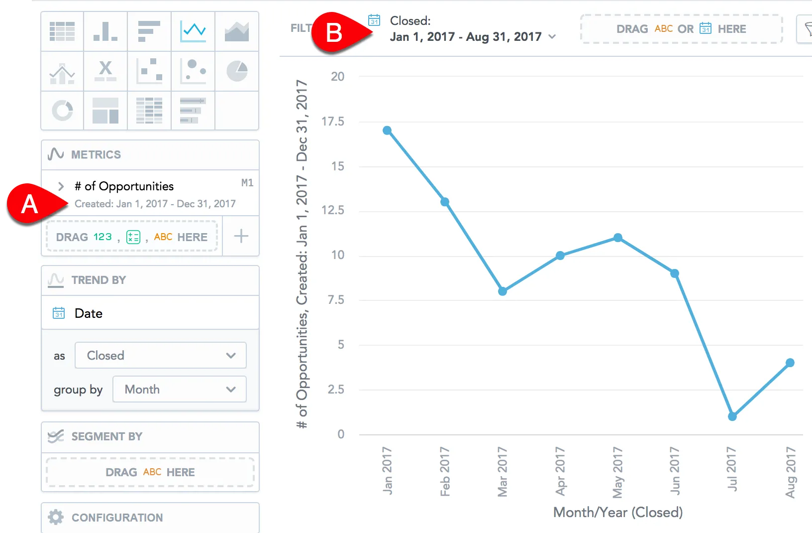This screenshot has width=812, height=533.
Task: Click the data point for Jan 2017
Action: tap(387, 131)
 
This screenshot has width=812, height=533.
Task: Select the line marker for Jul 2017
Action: tap(732, 416)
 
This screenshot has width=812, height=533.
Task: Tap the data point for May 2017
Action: tap(617, 238)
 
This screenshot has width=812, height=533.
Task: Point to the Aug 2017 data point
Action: tap(790, 363)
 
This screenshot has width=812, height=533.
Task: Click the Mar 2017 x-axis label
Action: tap(503, 471)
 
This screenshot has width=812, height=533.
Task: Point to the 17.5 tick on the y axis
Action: tap(333, 122)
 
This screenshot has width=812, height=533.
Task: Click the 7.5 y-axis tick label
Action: tap(336, 300)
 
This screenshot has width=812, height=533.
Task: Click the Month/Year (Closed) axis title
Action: tap(618, 512)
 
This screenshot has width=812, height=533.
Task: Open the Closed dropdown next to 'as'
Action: tap(160, 355)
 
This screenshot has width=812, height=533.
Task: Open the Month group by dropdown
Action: tap(179, 389)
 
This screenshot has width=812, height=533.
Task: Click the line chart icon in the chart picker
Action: tap(193, 31)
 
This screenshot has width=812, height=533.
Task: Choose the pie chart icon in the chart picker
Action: tap(237, 71)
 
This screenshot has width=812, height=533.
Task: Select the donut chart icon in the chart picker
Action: tap(62, 110)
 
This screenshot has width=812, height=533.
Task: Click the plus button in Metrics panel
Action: tap(241, 236)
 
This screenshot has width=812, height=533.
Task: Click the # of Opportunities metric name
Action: tap(124, 186)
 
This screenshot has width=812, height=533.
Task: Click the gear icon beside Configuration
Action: tap(56, 517)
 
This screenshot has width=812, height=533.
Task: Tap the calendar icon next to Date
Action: tap(59, 313)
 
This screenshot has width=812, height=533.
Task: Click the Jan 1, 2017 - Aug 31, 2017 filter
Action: tap(466, 37)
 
